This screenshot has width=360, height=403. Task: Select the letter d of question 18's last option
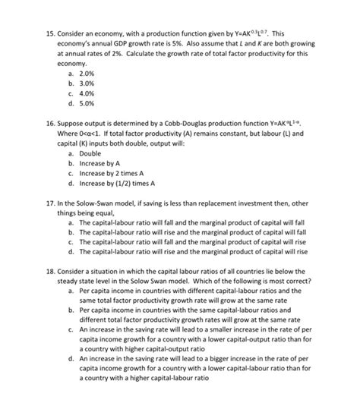[70, 356]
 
